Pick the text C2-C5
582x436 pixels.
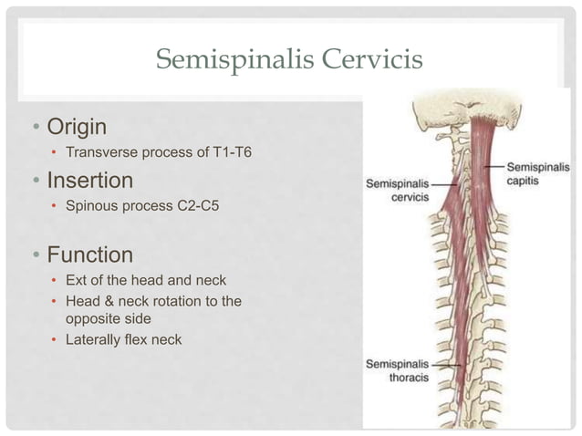click(197, 207)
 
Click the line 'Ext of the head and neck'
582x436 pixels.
click(146, 280)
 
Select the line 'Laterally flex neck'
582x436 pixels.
click(123, 340)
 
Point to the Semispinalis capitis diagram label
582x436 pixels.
click(537, 173)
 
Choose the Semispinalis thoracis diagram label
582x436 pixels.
click(399, 369)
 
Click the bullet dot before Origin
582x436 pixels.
click(27, 125)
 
